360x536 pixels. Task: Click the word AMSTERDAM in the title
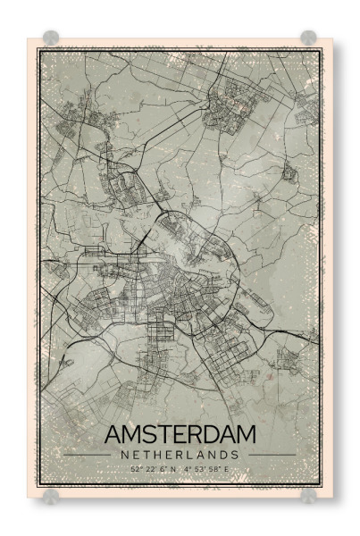pyautogui.click(x=180, y=435)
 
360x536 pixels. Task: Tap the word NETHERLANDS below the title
pyautogui.click(x=180, y=455)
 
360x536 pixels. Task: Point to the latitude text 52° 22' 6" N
pyautogui.click(x=153, y=468)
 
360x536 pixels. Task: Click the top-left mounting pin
pyautogui.click(x=51, y=38)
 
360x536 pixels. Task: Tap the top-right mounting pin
pyautogui.click(x=308, y=38)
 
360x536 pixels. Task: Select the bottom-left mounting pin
pyautogui.click(x=51, y=495)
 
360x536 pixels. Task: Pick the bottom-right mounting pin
pyautogui.click(x=308, y=495)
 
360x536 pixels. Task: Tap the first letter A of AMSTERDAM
pyautogui.click(x=113, y=435)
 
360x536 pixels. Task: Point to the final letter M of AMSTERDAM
pyautogui.click(x=245, y=435)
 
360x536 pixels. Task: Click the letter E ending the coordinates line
pyautogui.click(x=227, y=468)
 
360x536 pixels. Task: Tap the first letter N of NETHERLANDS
pyautogui.click(x=122, y=455)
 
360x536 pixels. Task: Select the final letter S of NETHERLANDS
pyautogui.click(x=238, y=455)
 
